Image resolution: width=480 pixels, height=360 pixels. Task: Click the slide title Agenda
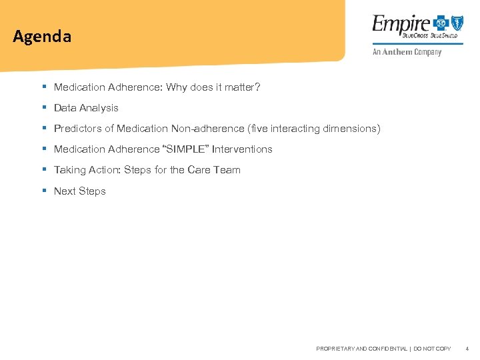click(41, 37)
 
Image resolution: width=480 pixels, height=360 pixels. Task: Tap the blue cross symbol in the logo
click(439, 23)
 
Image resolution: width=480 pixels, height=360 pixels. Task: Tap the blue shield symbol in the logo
click(457, 23)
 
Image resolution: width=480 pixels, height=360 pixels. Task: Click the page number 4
click(467, 349)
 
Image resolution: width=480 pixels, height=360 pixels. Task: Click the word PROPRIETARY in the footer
click(336, 349)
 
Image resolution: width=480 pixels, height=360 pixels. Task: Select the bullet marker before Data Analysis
click(43, 107)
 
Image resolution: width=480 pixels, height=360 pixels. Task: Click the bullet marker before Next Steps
click(43, 191)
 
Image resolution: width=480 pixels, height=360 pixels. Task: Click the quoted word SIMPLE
click(191, 149)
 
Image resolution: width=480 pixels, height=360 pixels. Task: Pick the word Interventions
click(242, 149)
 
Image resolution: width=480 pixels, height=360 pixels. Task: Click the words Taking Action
click(86, 170)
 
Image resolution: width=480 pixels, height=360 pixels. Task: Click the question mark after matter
click(257, 87)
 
